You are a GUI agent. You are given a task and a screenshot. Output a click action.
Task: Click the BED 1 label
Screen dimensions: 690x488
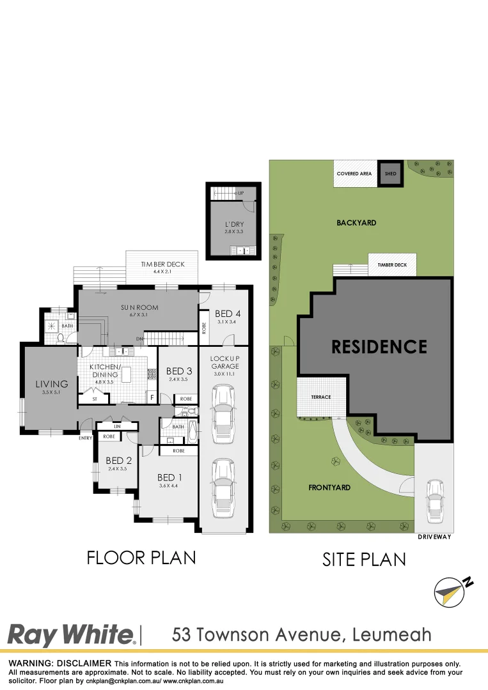pos(170,477)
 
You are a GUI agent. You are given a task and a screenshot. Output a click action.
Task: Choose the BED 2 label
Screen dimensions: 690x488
pos(118,461)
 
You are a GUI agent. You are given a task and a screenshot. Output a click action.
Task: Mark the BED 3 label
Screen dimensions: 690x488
pos(179,371)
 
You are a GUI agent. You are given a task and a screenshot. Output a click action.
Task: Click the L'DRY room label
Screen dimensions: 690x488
pos(234,225)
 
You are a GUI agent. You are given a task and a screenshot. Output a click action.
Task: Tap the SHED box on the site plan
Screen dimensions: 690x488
pos(390,174)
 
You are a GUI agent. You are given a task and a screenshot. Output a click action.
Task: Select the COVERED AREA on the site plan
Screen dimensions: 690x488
pos(354,174)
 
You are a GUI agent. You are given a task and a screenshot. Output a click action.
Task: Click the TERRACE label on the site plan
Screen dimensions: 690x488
pos(321,397)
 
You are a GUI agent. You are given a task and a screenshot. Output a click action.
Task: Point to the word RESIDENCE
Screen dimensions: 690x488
pos(379,347)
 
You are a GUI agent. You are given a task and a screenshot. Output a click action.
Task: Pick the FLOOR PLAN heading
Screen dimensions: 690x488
pos(141,557)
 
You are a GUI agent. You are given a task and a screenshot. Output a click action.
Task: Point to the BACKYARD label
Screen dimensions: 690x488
pos(356,223)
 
